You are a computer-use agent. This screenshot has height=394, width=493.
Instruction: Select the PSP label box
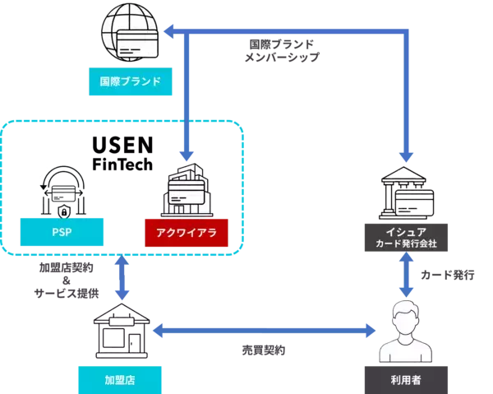(62, 233)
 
